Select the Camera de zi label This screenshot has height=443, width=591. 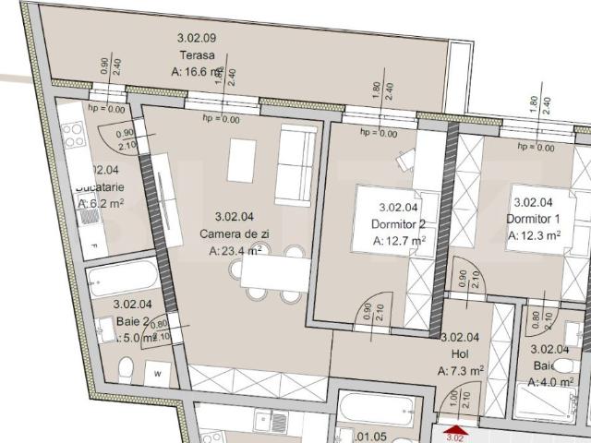(234, 233)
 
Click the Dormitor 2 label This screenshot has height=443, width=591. (398, 223)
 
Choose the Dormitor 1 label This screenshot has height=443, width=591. (533, 219)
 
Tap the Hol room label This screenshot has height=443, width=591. (460, 353)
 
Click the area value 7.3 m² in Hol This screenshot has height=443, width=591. (461, 370)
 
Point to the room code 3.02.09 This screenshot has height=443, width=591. (196, 38)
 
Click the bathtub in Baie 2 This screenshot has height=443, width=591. (124, 278)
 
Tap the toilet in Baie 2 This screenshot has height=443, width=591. (126, 373)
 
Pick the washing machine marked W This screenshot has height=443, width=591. (158, 374)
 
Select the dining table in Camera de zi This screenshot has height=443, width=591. (271, 274)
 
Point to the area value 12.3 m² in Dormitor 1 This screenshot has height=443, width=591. (535, 235)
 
